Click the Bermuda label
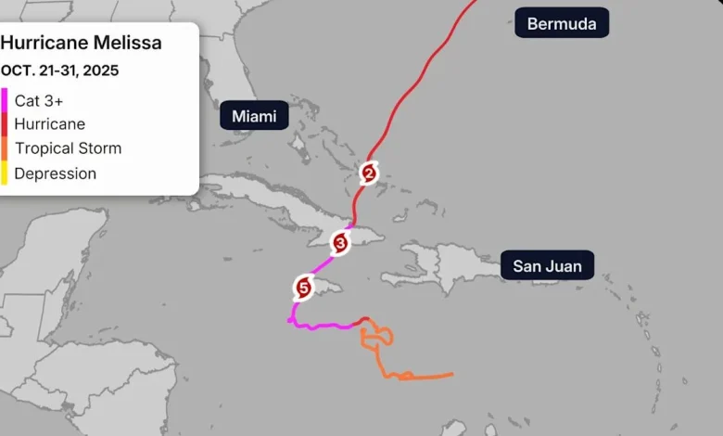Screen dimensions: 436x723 (x=562, y=23)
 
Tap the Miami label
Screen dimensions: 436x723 (x=254, y=116)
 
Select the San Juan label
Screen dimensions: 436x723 (x=548, y=266)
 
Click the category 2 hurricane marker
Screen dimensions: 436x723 (x=369, y=173)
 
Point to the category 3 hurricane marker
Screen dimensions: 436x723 (x=340, y=243)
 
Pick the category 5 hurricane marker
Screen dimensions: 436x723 (x=303, y=288)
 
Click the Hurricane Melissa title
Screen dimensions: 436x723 (x=81, y=44)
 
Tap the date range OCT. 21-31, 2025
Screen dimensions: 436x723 (x=59, y=71)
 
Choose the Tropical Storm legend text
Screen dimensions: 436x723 (x=68, y=148)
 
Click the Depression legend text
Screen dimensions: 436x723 (x=56, y=173)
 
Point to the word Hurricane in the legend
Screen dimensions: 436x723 (x=50, y=124)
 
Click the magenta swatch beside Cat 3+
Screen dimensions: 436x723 (x=4, y=99)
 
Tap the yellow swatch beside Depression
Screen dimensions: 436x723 (x=4, y=173)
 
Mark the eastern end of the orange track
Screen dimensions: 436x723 (x=452, y=375)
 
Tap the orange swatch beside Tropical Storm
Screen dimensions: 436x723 (x=4, y=148)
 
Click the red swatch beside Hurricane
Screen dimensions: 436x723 (x=4, y=124)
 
